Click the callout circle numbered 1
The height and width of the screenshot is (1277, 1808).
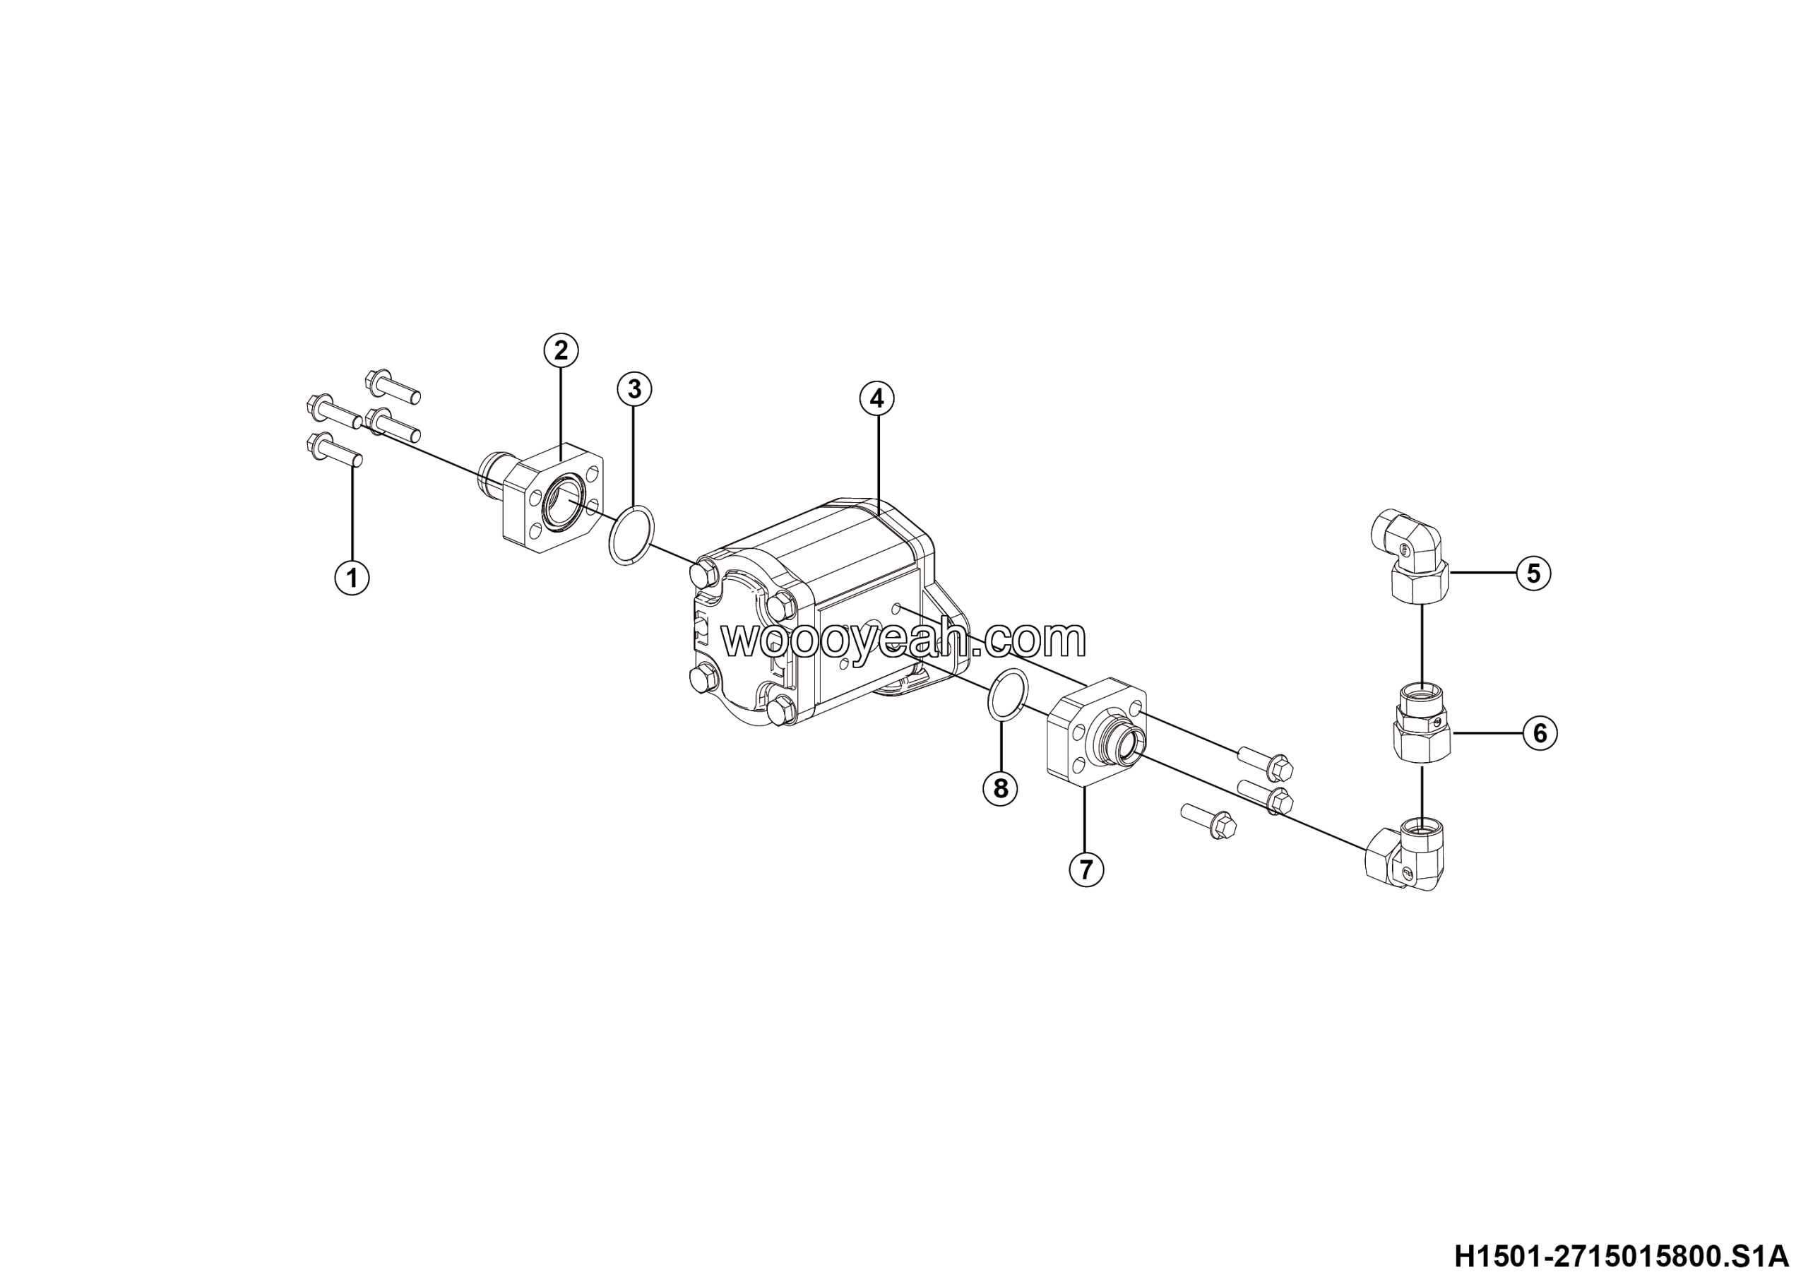coord(352,578)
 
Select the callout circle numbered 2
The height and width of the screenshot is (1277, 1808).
coord(561,350)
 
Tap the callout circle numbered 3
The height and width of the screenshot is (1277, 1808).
coord(634,389)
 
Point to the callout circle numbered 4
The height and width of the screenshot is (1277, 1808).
coord(876,399)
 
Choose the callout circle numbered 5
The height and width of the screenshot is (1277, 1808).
coord(1533,573)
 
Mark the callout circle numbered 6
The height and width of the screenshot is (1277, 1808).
coord(1540,733)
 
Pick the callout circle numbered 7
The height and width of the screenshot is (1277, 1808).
coord(1086,869)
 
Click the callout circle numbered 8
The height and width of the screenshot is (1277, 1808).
coord(1000,788)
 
